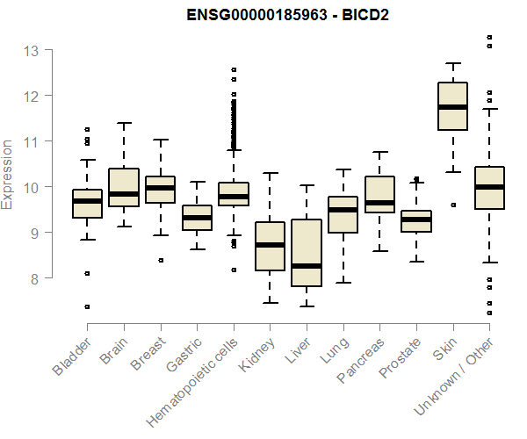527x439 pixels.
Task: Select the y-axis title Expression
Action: (x=8, y=174)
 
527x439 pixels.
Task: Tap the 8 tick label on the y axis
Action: (x=33, y=278)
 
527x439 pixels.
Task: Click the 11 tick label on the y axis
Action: (x=32, y=141)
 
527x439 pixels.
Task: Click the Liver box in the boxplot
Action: (x=307, y=253)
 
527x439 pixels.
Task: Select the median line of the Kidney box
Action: (x=270, y=245)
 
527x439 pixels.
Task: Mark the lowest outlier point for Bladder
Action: (x=87, y=306)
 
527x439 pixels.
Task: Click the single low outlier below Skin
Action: (x=453, y=205)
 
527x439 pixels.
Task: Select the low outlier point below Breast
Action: (x=160, y=260)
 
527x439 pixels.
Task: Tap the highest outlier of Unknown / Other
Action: (x=489, y=37)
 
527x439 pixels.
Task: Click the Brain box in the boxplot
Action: (x=124, y=188)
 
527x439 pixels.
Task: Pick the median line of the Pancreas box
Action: (x=379, y=203)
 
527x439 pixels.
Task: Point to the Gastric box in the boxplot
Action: (x=197, y=218)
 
